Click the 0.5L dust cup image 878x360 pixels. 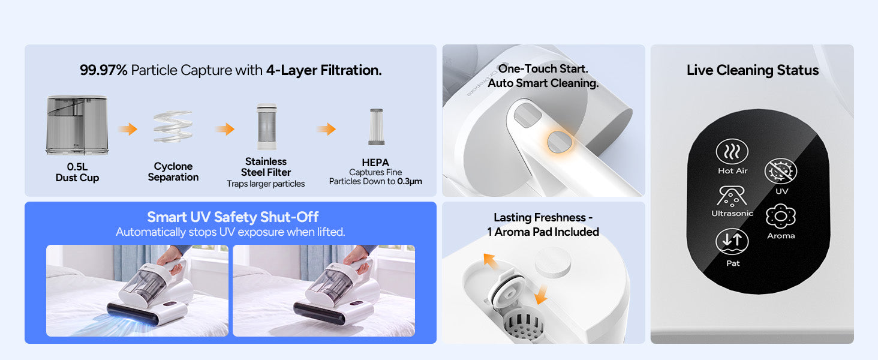[77, 125]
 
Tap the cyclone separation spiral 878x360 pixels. [173, 127]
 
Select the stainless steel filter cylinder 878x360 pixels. [266, 126]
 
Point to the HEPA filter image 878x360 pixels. [376, 127]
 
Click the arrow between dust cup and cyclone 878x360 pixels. [128, 128]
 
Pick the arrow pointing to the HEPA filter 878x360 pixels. [326, 128]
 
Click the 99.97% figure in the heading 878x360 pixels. [104, 70]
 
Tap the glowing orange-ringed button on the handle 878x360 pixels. [560, 142]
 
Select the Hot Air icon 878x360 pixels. [732, 151]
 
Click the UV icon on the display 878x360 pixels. [780, 171]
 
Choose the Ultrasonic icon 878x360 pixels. [732, 196]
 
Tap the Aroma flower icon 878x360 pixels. [781, 216]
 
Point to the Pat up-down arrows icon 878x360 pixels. [732, 241]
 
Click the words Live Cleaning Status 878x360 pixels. [753, 70]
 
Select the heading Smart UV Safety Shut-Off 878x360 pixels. [233, 217]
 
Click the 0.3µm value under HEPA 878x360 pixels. [410, 182]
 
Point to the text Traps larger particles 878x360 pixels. [266, 184]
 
